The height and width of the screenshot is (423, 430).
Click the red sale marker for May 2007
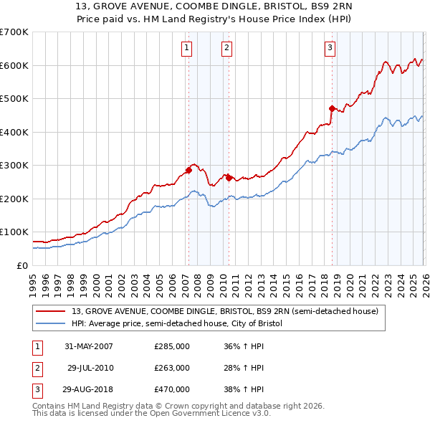coord(188,171)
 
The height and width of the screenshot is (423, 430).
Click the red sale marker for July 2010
coord(229,177)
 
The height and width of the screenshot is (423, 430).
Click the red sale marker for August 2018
coord(332,108)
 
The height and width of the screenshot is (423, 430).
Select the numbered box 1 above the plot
coord(186,48)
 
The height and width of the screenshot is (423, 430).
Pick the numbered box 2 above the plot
coord(226,48)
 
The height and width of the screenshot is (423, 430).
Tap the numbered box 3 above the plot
coord(330,48)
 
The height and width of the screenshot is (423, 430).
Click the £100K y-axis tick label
coord(14,232)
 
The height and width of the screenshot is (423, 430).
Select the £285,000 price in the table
coord(172,346)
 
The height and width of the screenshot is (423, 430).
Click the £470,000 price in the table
coord(172,389)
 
